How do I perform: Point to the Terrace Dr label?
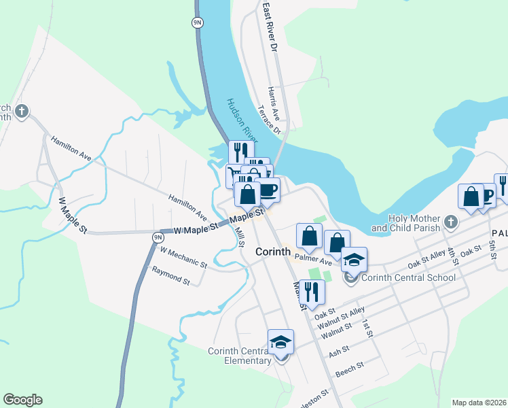point(269,120)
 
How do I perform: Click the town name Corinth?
point(274,252)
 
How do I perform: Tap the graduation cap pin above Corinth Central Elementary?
point(280,342)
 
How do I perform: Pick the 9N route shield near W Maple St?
point(158,237)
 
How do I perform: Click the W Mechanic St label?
point(183,257)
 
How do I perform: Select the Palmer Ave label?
point(314,260)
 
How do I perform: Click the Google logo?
point(22,400)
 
